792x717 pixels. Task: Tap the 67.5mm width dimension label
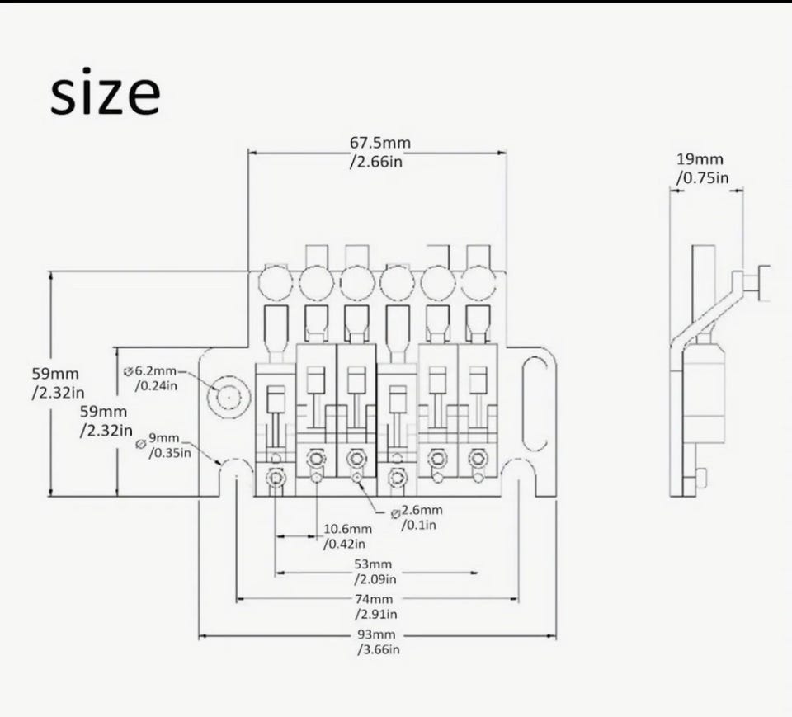(379, 152)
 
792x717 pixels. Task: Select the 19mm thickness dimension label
(702, 169)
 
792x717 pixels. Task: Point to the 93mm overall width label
(379, 642)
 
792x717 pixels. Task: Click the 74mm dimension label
(375, 606)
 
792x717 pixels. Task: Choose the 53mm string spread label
(375, 572)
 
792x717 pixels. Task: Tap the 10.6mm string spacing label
(347, 536)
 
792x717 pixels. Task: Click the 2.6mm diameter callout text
(417, 517)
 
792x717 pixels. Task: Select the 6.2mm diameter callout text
(151, 378)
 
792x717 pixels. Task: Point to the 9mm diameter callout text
(164, 446)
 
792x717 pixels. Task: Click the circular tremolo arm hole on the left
(229, 397)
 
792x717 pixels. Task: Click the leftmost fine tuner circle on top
(276, 282)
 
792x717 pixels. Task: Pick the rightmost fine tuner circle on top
(478, 282)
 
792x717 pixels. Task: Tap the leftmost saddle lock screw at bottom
(276, 478)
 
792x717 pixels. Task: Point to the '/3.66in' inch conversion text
(379, 649)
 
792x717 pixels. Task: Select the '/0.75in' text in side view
(703, 178)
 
